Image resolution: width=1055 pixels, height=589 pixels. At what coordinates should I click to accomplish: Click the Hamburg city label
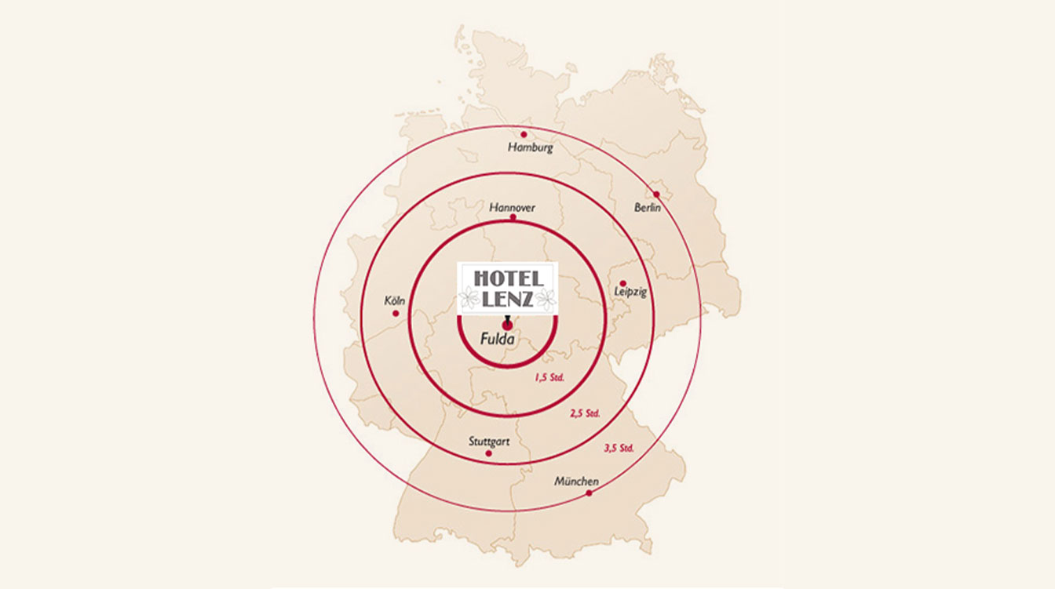531,147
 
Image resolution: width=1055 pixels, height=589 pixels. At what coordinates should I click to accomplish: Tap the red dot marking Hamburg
524,134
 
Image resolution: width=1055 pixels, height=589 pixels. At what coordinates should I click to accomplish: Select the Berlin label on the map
648,208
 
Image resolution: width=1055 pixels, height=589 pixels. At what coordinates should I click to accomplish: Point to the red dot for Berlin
656,194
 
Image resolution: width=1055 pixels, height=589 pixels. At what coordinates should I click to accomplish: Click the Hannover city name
512,208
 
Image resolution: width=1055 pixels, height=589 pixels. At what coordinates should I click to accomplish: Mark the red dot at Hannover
513,217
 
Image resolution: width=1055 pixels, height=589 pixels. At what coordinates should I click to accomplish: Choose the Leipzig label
631,293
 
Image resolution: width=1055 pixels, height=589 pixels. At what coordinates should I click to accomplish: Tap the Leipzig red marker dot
622,283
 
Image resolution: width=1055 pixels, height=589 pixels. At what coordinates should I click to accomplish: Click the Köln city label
394,300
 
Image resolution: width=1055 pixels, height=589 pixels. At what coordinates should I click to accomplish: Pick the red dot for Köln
396,314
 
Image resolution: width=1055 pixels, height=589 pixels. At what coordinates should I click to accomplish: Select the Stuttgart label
489,442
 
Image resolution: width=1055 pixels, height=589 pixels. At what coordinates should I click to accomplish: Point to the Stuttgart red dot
488,453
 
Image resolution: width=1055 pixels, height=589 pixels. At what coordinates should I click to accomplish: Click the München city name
576,481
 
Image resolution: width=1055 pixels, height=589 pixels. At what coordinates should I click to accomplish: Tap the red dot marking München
589,493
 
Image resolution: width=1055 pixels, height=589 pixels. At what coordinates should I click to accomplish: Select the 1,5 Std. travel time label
549,377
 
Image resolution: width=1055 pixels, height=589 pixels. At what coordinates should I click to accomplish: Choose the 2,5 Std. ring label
585,413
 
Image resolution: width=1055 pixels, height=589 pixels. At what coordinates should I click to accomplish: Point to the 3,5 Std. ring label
619,449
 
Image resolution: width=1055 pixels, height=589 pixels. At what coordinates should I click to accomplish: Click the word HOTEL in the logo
508,278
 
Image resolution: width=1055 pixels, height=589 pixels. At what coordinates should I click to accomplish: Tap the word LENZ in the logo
508,298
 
